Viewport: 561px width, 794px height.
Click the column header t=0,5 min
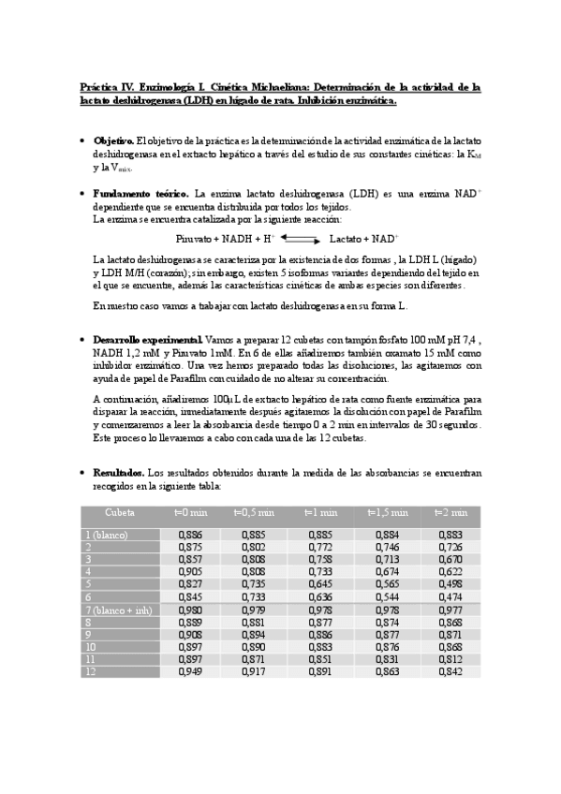[254, 512]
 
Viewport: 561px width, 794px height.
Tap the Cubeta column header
[119, 512]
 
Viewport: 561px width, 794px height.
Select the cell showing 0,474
[450, 596]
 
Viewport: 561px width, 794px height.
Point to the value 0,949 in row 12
[190, 671]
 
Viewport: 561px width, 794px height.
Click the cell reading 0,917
[254, 671]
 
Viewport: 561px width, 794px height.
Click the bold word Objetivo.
[114, 140]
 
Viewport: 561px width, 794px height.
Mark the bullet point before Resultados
[82, 474]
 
